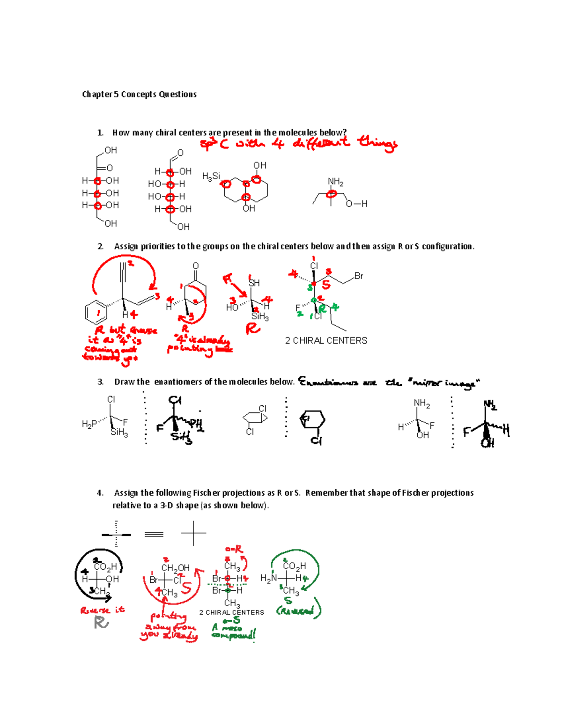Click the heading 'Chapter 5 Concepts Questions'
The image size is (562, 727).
click(x=139, y=95)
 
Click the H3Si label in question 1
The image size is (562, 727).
click(x=211, y=176)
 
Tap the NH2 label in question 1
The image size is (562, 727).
click(x=335, y=182)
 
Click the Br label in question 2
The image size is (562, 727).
click(x=359, y=276)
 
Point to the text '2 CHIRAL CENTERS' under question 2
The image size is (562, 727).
click(x=326, y=341)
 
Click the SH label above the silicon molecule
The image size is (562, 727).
click(x=254, y=283)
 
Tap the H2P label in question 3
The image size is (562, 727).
click(x=89, y=424)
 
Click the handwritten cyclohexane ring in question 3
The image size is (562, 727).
click(x=312, y=420)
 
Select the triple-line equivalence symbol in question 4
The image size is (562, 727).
click(x=154, y=534)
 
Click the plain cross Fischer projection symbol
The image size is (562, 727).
click(x=193, y=533)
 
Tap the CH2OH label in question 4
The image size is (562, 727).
click(x=175, y=568)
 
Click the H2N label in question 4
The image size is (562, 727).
click(x=269, y=579)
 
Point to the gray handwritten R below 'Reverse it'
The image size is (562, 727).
click(x=101, y=623)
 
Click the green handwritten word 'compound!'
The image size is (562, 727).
click(x=234, y=635)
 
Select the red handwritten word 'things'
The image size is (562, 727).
click(x=377, y=142)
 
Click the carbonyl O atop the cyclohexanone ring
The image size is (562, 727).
click(x=196, y=266)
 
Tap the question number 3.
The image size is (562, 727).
click(x=100, y=382)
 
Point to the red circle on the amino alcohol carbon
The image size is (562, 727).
click(x=332, y=193)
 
